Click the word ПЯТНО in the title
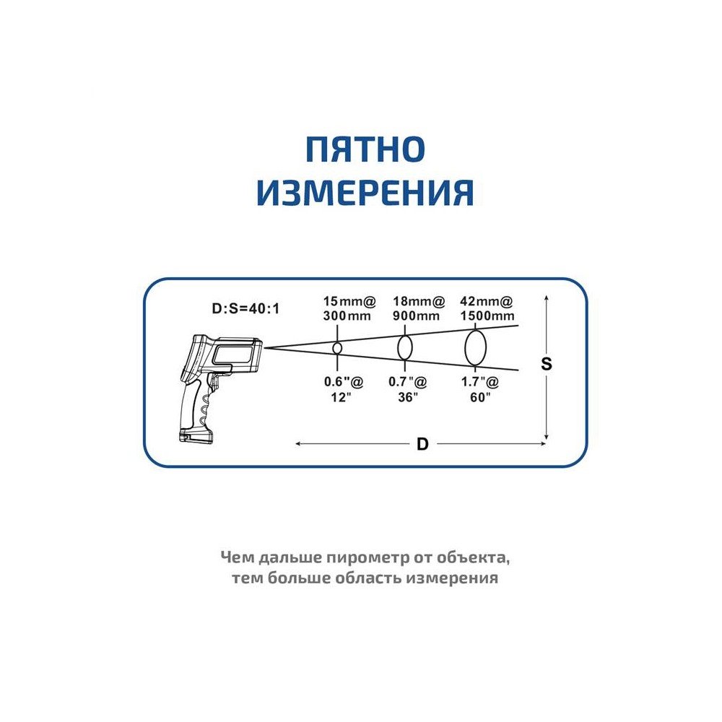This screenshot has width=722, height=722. point(365,149)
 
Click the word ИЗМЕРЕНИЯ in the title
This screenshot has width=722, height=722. point(365,193)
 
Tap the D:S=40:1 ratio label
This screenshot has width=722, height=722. point(245,308)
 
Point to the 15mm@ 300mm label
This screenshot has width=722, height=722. point(349,308)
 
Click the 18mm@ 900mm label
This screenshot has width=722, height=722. point(418,308)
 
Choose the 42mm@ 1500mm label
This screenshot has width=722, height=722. point(487,308)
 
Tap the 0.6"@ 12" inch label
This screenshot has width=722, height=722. point(344,389)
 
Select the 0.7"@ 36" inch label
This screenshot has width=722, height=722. point(408,389)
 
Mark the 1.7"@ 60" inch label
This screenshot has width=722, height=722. point(480,389)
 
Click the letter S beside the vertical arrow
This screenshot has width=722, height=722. point(546,364)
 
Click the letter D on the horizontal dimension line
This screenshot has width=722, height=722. point(422,444)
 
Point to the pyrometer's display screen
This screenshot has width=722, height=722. point(232,355)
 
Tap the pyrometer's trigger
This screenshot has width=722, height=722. point(214,381)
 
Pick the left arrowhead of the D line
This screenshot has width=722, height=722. point(298,444)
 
